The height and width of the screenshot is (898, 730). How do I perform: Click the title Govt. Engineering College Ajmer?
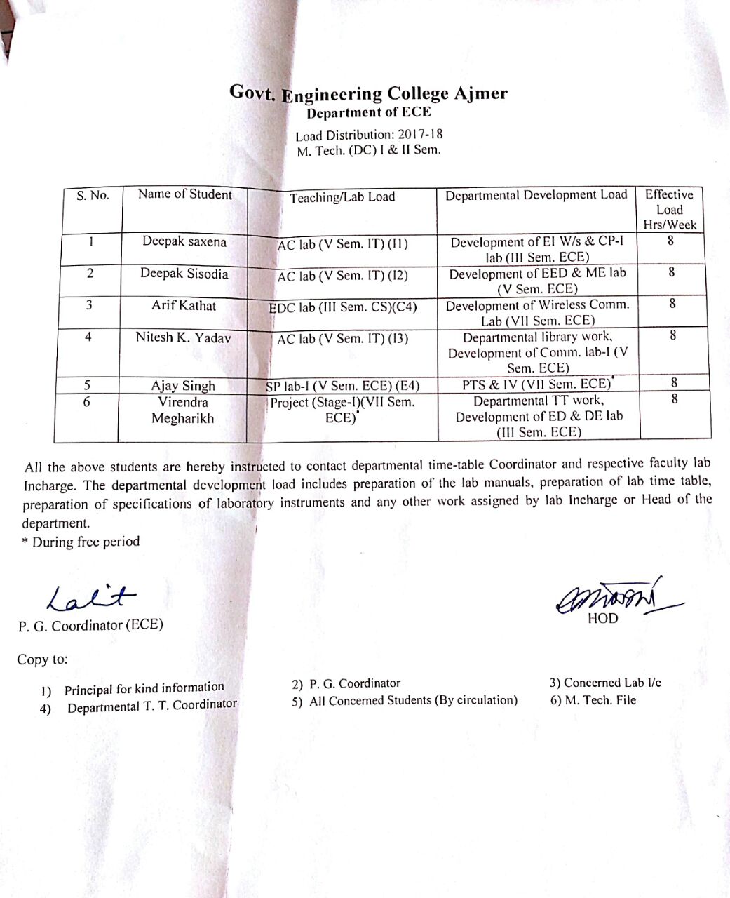coord(368,93)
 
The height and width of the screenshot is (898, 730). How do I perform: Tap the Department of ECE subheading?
coord(368,112)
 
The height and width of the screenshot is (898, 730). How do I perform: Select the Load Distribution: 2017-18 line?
coord(369,134)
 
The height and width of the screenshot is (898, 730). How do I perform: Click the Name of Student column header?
coord(184,194)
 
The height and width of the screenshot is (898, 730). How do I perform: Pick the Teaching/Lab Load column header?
coord(342,197)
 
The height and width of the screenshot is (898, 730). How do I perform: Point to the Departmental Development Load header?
coord(536,195)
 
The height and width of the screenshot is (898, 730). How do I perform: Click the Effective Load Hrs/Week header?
coord(669,209)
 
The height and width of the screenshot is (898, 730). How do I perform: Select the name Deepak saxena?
coord(184,241)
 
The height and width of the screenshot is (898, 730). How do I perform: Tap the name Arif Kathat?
coord(184,306)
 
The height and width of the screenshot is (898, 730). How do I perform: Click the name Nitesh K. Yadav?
coord(183,337)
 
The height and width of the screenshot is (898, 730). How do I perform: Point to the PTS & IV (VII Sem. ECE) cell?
coord(537,384)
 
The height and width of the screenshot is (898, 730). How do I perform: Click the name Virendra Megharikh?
coord(183,410)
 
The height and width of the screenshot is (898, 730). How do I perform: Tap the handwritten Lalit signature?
coord(91,596)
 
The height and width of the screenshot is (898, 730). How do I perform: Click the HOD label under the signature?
coord(603,618)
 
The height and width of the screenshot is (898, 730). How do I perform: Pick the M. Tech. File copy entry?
coord(593,699)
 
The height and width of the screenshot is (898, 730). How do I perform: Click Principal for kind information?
coord(144,689)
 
